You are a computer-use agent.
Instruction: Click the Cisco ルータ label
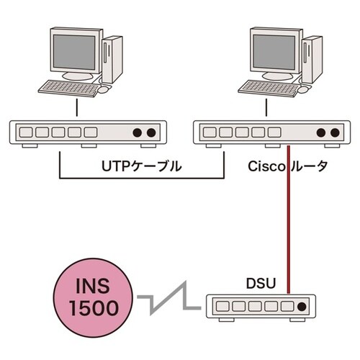point(288,166)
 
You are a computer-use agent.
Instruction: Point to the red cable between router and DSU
point(289,216)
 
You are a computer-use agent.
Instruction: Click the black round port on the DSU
point(301,307)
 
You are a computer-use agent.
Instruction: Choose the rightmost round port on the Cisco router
point(334,133)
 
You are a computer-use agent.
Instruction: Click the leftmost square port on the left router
point(27,133)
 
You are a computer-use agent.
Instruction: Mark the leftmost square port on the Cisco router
point(210,133)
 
